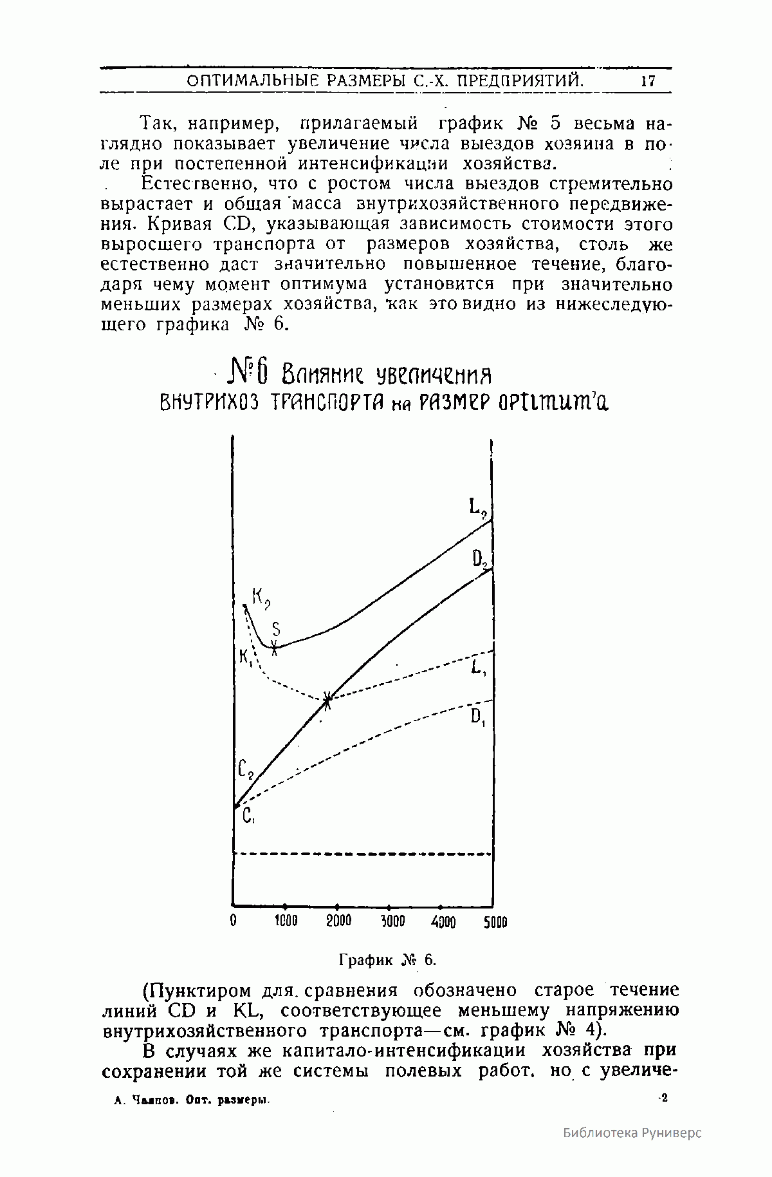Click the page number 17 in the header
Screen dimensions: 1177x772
(x=647, y=82)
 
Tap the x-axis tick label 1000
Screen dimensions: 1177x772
(x=286, y=921)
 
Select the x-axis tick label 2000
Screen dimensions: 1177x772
(x=338, y=921)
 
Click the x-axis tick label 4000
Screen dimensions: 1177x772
(x=443, y=922)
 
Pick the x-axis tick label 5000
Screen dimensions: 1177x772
(x=495, y=922)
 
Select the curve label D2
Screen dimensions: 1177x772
(x=481, y=561)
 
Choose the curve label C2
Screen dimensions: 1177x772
(x=246, y=769)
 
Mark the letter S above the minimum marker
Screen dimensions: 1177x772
(x=276, y=628)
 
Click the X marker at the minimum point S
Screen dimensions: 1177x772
(x=275, y=648)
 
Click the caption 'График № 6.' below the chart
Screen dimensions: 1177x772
(x=387, y=960)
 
